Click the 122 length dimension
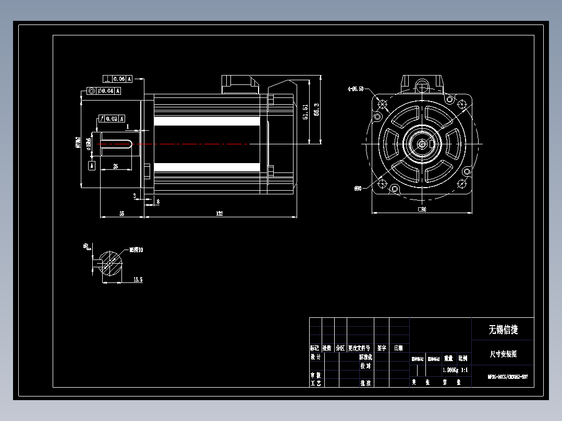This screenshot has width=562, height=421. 220,214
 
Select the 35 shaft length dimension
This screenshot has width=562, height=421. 121,214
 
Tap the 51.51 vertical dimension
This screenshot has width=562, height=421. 306,112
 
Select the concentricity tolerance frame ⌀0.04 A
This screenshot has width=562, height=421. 104,91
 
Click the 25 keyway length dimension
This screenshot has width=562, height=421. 115,166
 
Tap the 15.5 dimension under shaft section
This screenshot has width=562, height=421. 138,280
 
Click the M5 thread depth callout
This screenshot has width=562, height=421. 136,250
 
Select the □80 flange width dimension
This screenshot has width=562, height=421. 422,209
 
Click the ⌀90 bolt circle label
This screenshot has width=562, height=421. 358,188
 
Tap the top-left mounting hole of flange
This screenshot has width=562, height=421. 384,103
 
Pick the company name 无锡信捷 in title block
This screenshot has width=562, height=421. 503,329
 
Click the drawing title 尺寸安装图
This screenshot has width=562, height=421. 503,354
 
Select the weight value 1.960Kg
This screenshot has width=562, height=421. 449,370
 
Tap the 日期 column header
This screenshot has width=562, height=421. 398,348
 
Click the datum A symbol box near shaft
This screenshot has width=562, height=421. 92,166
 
